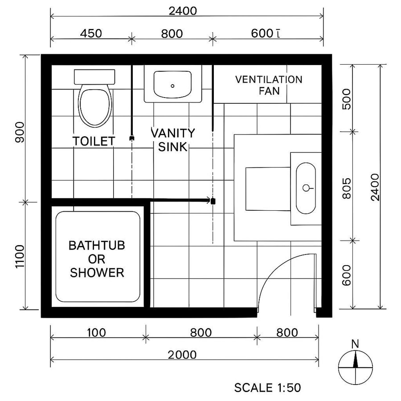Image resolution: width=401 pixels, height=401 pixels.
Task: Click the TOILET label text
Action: pos(94,141)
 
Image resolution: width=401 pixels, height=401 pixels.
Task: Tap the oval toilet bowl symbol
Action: pos(94,106)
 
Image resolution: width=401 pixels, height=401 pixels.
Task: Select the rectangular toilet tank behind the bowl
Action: pos(94,76)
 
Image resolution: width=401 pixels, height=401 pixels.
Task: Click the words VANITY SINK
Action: pos(172,139)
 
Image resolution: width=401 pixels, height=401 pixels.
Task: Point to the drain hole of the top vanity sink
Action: pos(173,86)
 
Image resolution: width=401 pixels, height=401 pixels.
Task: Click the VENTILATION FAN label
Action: pos(269,85)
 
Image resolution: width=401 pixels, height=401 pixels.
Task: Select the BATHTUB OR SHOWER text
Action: pos(97,259)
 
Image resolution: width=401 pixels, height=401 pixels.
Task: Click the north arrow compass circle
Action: pos(355,365)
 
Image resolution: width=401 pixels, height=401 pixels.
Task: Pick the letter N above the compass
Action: pos(355,344)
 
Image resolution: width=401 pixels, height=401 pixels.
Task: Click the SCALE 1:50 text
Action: pos(267,388)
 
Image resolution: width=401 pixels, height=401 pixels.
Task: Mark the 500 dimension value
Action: pos(347,99)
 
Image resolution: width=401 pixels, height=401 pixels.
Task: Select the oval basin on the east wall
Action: pos(306,188)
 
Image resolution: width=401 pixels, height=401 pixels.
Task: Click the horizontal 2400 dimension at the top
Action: pos(183,11)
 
